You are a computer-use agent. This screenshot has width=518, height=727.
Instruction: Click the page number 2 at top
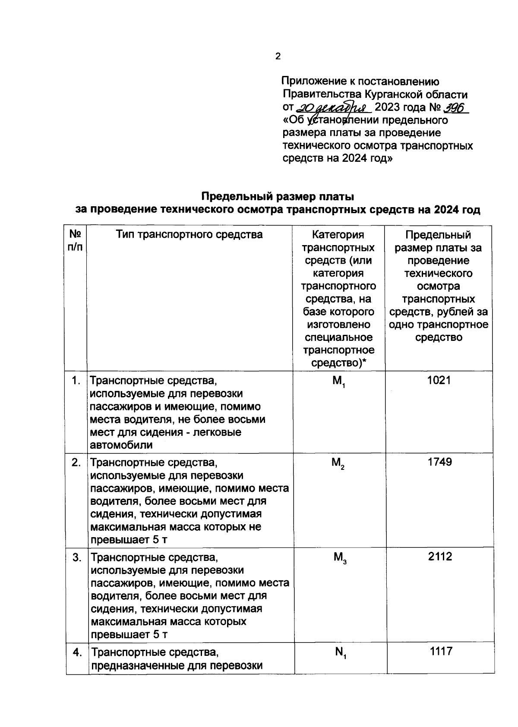point(278,56)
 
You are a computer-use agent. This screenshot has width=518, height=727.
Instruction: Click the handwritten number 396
point(456,107)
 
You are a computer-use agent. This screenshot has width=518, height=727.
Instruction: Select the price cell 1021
point(439,380)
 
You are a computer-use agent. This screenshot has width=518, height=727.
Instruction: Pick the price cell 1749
point(439,462)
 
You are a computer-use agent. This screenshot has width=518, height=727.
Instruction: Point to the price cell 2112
point(440,557)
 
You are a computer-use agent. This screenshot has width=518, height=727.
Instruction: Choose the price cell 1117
point(441,651)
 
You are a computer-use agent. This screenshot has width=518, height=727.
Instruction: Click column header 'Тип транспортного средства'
point(189,234)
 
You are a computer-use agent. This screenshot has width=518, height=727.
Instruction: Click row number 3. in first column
point(76,557)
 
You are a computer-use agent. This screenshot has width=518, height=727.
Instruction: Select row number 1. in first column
point(76,381)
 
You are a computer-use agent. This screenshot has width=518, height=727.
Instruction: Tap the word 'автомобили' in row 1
point(121,445)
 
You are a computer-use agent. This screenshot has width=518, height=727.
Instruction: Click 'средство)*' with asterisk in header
point(338,363)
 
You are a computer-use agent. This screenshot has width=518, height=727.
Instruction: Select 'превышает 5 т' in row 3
point(129,634)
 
